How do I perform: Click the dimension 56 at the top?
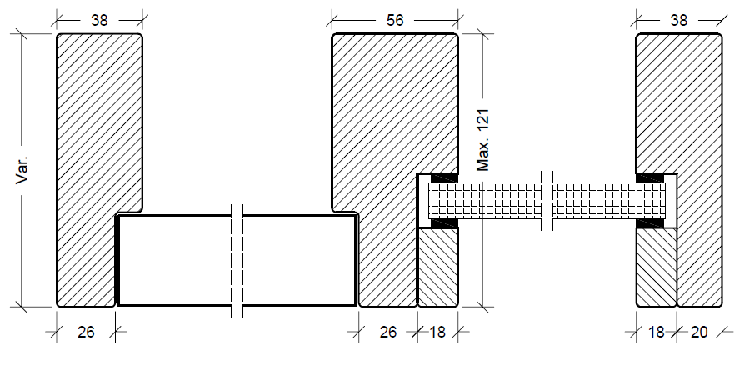click(x=394, y=21)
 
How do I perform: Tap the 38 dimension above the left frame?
click(x=99, y=21)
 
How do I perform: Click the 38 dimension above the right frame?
click(x=678, y=21)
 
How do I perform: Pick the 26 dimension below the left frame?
click(x=85, y=332)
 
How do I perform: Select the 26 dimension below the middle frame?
click(x=387, y=332)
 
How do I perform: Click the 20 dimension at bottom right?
click(x=699, y=332)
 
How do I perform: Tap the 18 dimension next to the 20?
click(x=657, y=332)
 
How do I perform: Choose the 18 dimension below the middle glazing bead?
click(x=437, y=332)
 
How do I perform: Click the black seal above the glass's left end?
click(x=442, y=177)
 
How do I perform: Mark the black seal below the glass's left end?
click(x=442, y=223)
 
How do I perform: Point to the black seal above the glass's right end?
click(x=650, y=177)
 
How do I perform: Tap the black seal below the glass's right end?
click(x=650, y=223)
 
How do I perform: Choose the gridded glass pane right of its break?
click(x=608, y=200)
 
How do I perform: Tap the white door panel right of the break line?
click(x=300, y=260)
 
